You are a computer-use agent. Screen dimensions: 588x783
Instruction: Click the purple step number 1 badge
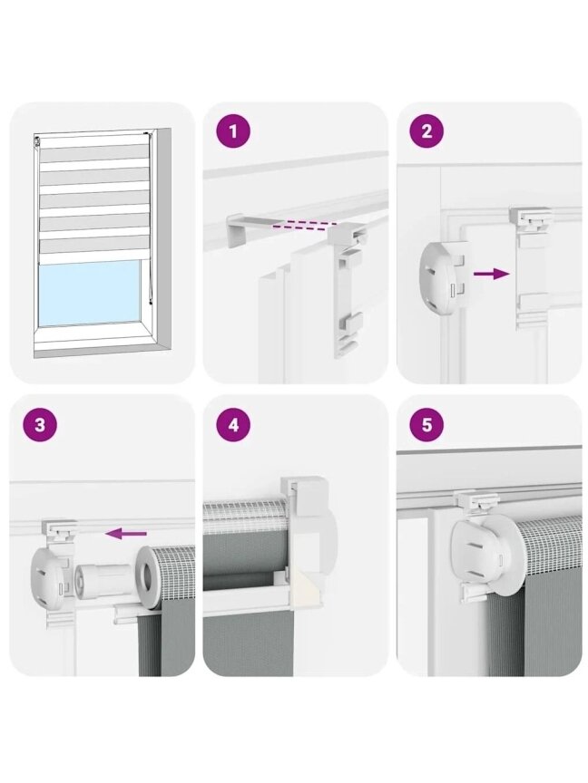tap(233, 132)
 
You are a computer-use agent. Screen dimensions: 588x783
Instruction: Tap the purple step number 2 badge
tap(426, 132)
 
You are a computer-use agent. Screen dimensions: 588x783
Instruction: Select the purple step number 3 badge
tap(40, 425)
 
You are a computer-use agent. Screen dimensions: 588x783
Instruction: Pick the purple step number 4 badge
tap(233, 425)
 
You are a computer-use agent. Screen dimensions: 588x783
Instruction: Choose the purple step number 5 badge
tap(426, 425)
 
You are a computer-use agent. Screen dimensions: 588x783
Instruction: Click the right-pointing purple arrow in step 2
tap(491, 274)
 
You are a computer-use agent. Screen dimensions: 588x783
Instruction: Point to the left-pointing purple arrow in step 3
tap(126, 534)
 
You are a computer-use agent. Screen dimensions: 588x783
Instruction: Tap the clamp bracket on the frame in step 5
tap(477, 503)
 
